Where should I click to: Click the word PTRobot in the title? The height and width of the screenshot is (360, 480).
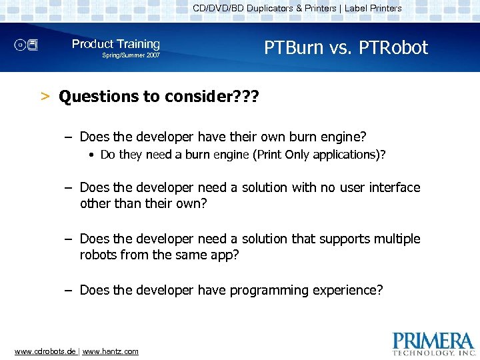pyautogui.click(x=393, y=48)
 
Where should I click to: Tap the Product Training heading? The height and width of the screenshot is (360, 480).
pyautogui.click(x=116, y=44)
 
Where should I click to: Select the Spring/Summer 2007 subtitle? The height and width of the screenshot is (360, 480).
pyautogui.click(x=131, y=55)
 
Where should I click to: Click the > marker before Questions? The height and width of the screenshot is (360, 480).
pyautogui.click(x=45, y=97)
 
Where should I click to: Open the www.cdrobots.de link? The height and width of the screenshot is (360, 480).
pyautogui.click(x=45, y=351)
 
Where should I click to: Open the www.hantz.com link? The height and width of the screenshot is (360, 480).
pyautogui.click(x=111, y=351)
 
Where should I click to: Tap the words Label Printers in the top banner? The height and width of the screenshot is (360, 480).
pyautogui.click(x=373, y=9)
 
